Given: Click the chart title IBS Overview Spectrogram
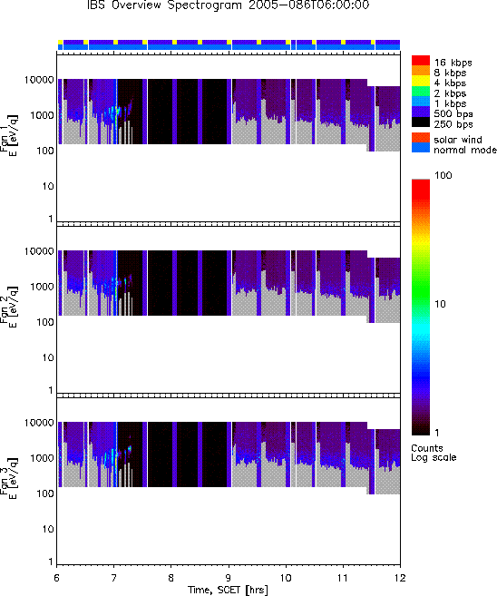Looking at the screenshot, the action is pos(164,5).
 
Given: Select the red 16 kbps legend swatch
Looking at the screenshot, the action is pos(421,61).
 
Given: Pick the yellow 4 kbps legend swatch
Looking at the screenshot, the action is pos(421,81).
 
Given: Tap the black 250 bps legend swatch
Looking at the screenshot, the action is pos(421,122).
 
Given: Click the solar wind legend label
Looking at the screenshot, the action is pos(458,140).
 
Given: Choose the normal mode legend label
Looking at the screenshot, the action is pos(465,150).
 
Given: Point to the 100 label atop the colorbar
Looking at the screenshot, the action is pos(443,175).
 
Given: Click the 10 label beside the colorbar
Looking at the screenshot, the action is pos(440,304).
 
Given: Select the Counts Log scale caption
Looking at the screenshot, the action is pos(434,453).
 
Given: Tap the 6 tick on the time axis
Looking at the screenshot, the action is pos(56,578).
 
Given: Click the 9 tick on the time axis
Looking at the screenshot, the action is pos(229,578).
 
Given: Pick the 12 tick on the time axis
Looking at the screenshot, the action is pos(400,578).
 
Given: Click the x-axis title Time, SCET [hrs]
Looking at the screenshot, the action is pos(228,590).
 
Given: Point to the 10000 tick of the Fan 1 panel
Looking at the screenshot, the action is pos(39,80).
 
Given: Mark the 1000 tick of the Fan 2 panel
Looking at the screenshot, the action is pos(42,287).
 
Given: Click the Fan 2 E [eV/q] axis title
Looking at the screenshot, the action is pos(8,307).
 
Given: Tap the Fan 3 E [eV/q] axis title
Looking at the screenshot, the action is pos(8,478).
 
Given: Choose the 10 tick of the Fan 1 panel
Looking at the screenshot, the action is pos(48,186).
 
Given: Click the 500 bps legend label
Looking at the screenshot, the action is pos(453,113).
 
